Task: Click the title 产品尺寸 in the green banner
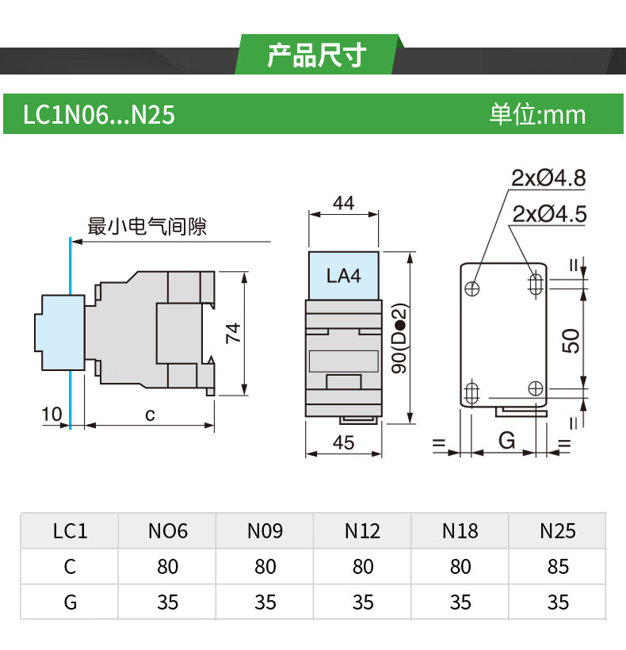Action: [316, 55]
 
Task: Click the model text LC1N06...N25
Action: [98, 116]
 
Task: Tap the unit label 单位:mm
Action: [537, 115]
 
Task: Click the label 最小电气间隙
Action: [147, 227]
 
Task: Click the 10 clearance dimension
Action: [52, 414]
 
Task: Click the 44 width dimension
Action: [343, 203]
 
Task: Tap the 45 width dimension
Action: [344, 443]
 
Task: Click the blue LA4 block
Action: [344, 276]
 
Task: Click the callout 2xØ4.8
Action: [548, 178]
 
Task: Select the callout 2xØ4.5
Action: [549, 213]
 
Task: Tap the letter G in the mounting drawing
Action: [507, 440]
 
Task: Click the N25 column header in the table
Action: [558, 530]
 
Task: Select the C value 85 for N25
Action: [558, 567]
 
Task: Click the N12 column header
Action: [363, 530]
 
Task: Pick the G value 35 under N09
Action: [265, 602]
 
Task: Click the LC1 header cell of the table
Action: [70, 530]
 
